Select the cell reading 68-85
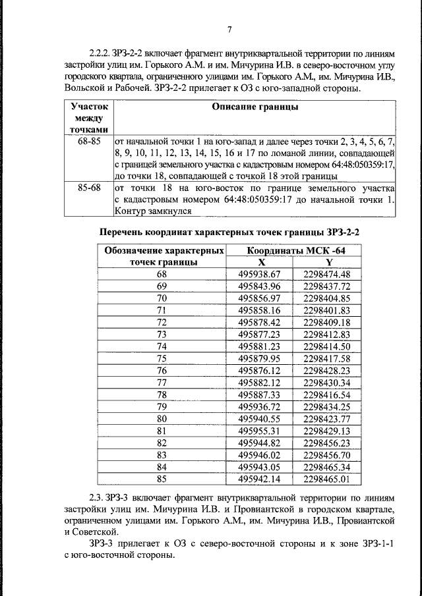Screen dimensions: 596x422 [89, 142]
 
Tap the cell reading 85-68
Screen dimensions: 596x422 [89, 188]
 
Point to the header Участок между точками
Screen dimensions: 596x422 [89, 118]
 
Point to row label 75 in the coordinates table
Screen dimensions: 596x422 [162, 358]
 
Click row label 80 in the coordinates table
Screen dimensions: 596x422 [162, 418]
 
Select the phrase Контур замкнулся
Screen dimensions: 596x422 [153, 211]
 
